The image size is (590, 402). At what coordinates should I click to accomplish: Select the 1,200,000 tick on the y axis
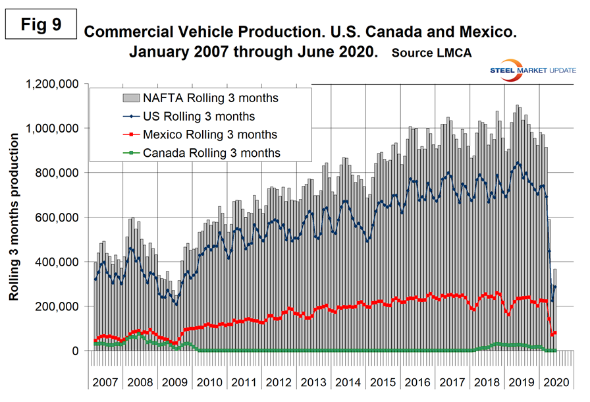point(52,84)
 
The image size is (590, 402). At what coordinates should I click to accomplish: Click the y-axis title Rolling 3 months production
point(14,217)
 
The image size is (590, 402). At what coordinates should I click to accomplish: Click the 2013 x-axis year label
point(313,382)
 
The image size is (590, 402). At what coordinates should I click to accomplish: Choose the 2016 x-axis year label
point(416,382)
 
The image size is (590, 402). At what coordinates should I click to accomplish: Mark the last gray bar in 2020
point(555,310)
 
